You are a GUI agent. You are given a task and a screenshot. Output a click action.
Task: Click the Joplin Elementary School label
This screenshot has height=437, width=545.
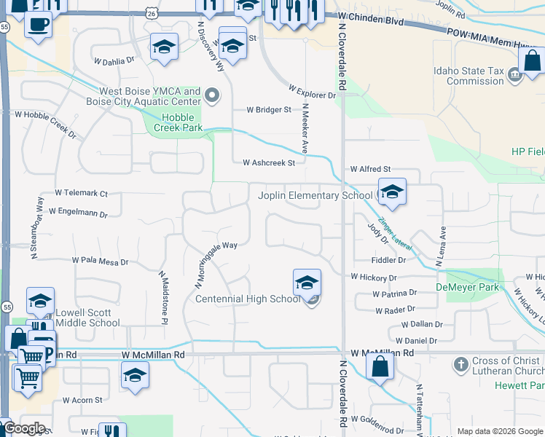[x=315, y=195]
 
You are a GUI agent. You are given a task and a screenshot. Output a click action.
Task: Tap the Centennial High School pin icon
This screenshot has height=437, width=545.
[x=307, y=283]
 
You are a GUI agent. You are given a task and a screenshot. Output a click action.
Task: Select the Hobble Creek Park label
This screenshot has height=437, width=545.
[x=173, y=122]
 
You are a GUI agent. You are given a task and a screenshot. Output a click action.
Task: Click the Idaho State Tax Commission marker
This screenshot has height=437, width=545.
[x=514, y=73]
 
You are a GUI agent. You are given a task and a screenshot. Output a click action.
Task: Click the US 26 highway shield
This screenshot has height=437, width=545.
[x=151, y=13]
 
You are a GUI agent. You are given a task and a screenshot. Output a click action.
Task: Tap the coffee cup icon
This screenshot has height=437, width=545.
[x=38, y=23]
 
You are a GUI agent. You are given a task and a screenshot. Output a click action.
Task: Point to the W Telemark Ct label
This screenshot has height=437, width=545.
[x=81, y=194]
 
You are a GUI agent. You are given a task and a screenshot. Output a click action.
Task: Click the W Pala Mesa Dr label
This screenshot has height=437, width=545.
[x=100, y=260]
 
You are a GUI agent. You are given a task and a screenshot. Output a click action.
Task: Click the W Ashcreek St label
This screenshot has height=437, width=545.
[x=268, y=163]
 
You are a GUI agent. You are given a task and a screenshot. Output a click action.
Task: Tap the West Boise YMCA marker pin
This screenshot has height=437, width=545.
[x=212, y=95]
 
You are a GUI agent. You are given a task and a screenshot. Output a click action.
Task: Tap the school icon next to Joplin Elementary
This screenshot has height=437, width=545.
[x=392, y=192]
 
